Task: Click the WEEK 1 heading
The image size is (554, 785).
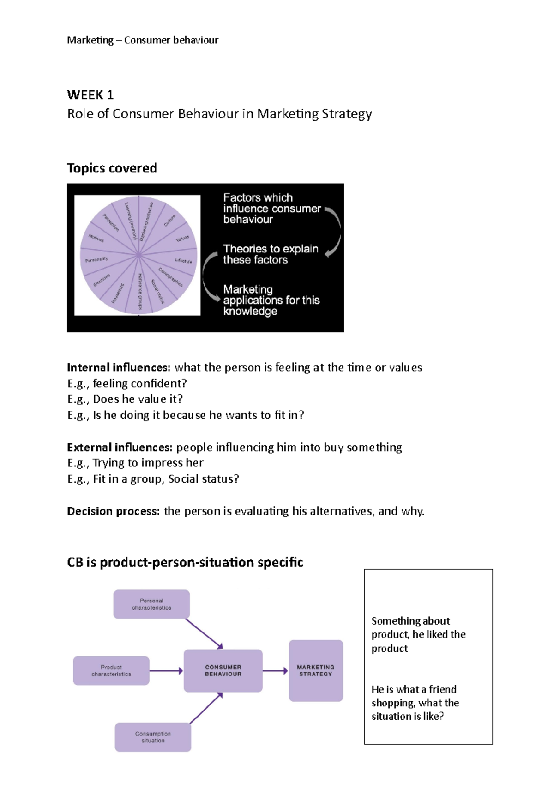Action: tap(90, 95)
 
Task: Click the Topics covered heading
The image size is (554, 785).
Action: tap(112, 168)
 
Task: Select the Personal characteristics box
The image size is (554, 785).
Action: tap(151, 604)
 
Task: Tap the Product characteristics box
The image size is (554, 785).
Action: tap(111, 670)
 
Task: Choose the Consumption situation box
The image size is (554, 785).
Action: tap(153, 737)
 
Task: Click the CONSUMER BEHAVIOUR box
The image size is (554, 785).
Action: tap(223, 670)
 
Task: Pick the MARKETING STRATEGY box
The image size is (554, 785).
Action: tap(316, 670)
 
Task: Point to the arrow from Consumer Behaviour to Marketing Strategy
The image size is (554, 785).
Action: tap(276, 670)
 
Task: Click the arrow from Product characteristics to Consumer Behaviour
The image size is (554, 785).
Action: tap(166, 670)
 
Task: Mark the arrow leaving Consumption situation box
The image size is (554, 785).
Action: tap(206, 708)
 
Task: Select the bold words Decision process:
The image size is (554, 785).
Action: tap(114, 511)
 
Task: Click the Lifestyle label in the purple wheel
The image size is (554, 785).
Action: tap(183, 261)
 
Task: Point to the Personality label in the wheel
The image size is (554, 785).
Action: tap(96, 260)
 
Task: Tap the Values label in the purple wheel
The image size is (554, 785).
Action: tap(182, 239)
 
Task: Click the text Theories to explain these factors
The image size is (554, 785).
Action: tap(271, 254)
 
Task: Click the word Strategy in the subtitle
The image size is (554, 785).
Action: tap(347, 114)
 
